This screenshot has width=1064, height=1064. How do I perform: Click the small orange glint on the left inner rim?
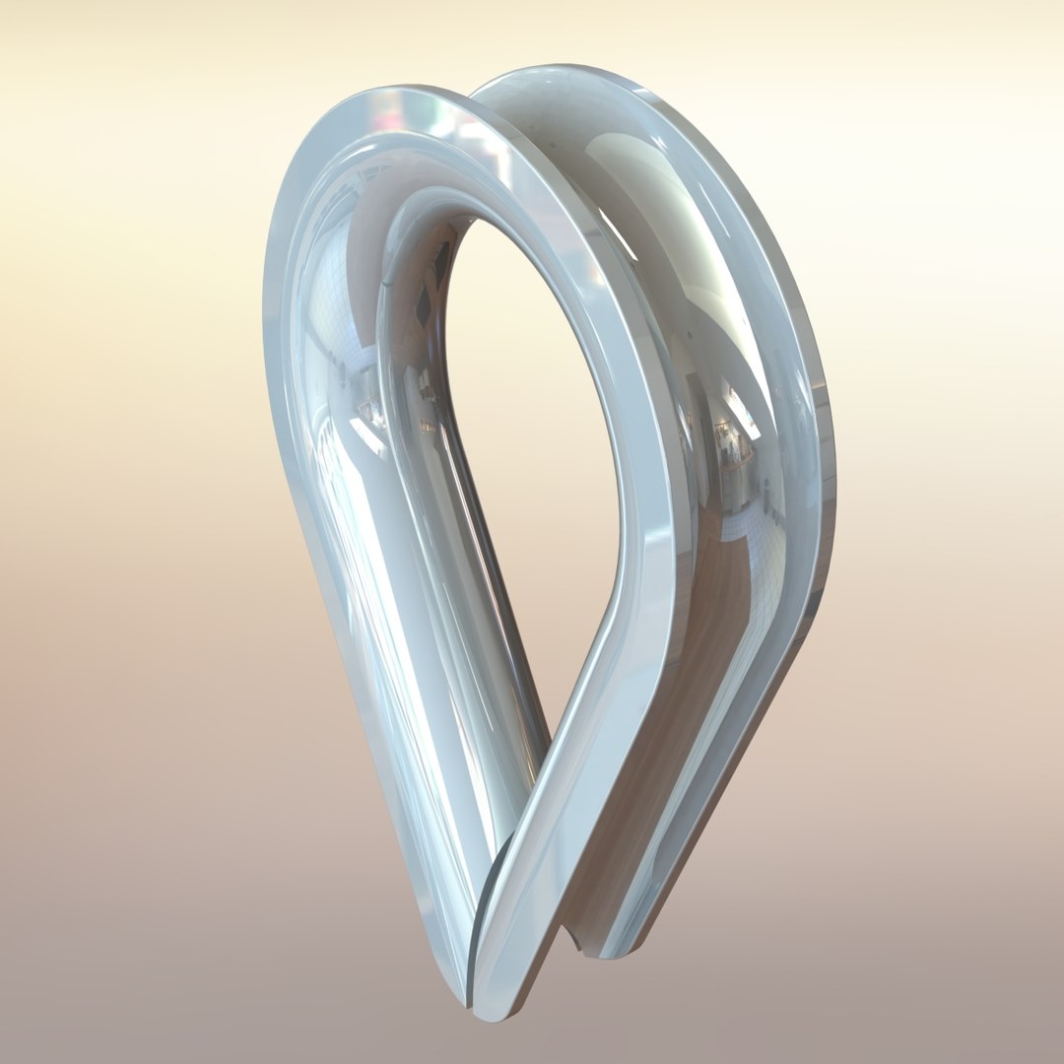coord(426,426)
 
